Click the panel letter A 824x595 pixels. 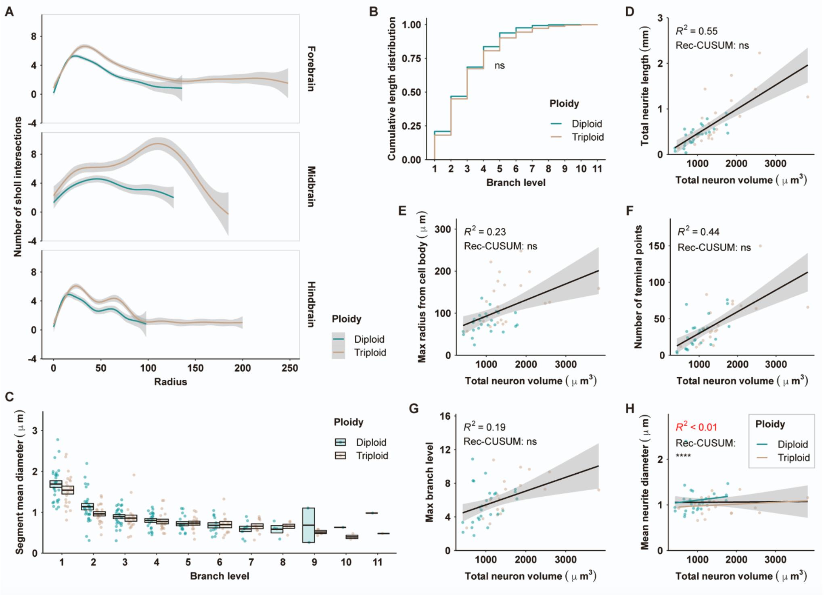[9, 12]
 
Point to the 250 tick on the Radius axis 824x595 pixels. [290, 368]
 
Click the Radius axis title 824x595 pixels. [170, 382]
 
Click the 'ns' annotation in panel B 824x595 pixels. [500, 65]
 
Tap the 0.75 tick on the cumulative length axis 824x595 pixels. [412, 58]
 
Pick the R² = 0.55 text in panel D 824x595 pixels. [696, 31]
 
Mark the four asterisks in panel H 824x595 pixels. [683, 456]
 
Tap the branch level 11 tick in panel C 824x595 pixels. [377, 562]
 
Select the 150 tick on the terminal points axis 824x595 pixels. [657, 246]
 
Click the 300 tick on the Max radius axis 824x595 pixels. [443, 229]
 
